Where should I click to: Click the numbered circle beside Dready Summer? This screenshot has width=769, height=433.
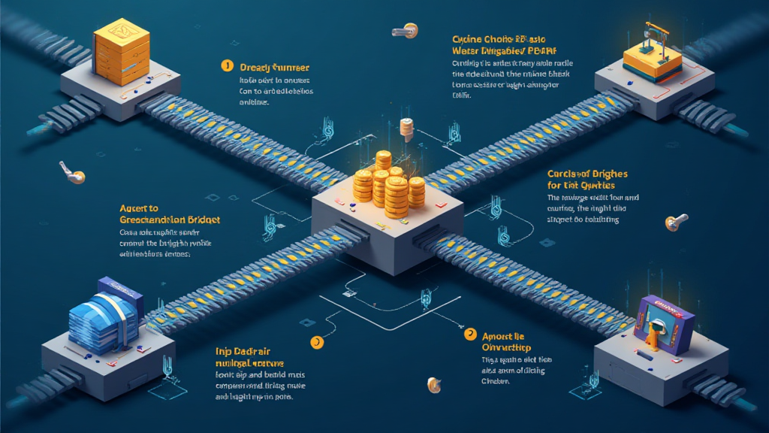pyautogui.click(x=226, y=65)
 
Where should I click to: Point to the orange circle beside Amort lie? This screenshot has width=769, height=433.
pyautogui.click(x=470, y=334)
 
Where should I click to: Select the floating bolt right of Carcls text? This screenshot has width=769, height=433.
pyautogui.click(x=676, y=221)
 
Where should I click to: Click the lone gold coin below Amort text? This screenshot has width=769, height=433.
pyautogui.click(x=433, y=385)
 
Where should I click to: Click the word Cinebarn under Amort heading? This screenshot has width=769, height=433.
pyautogui.click(x=496, y=381)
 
